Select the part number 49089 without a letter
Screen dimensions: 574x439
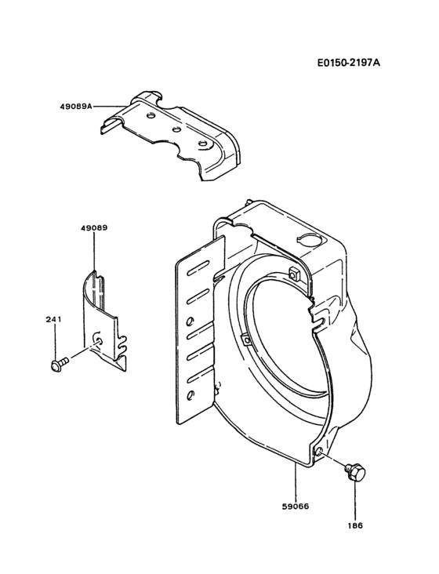pyautogui.click(x=93, y=227)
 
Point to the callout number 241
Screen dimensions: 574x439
pyautogui.click(x=55, y=319)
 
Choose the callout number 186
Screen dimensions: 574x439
pyautogui.click(x=356, y=525)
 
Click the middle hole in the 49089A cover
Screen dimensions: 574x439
pyautogui.click(x=176, y=129)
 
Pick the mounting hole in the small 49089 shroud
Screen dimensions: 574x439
pyautogui.click(x=96, y=338)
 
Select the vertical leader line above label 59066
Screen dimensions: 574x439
pyautogui.click(x=295, y=482)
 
